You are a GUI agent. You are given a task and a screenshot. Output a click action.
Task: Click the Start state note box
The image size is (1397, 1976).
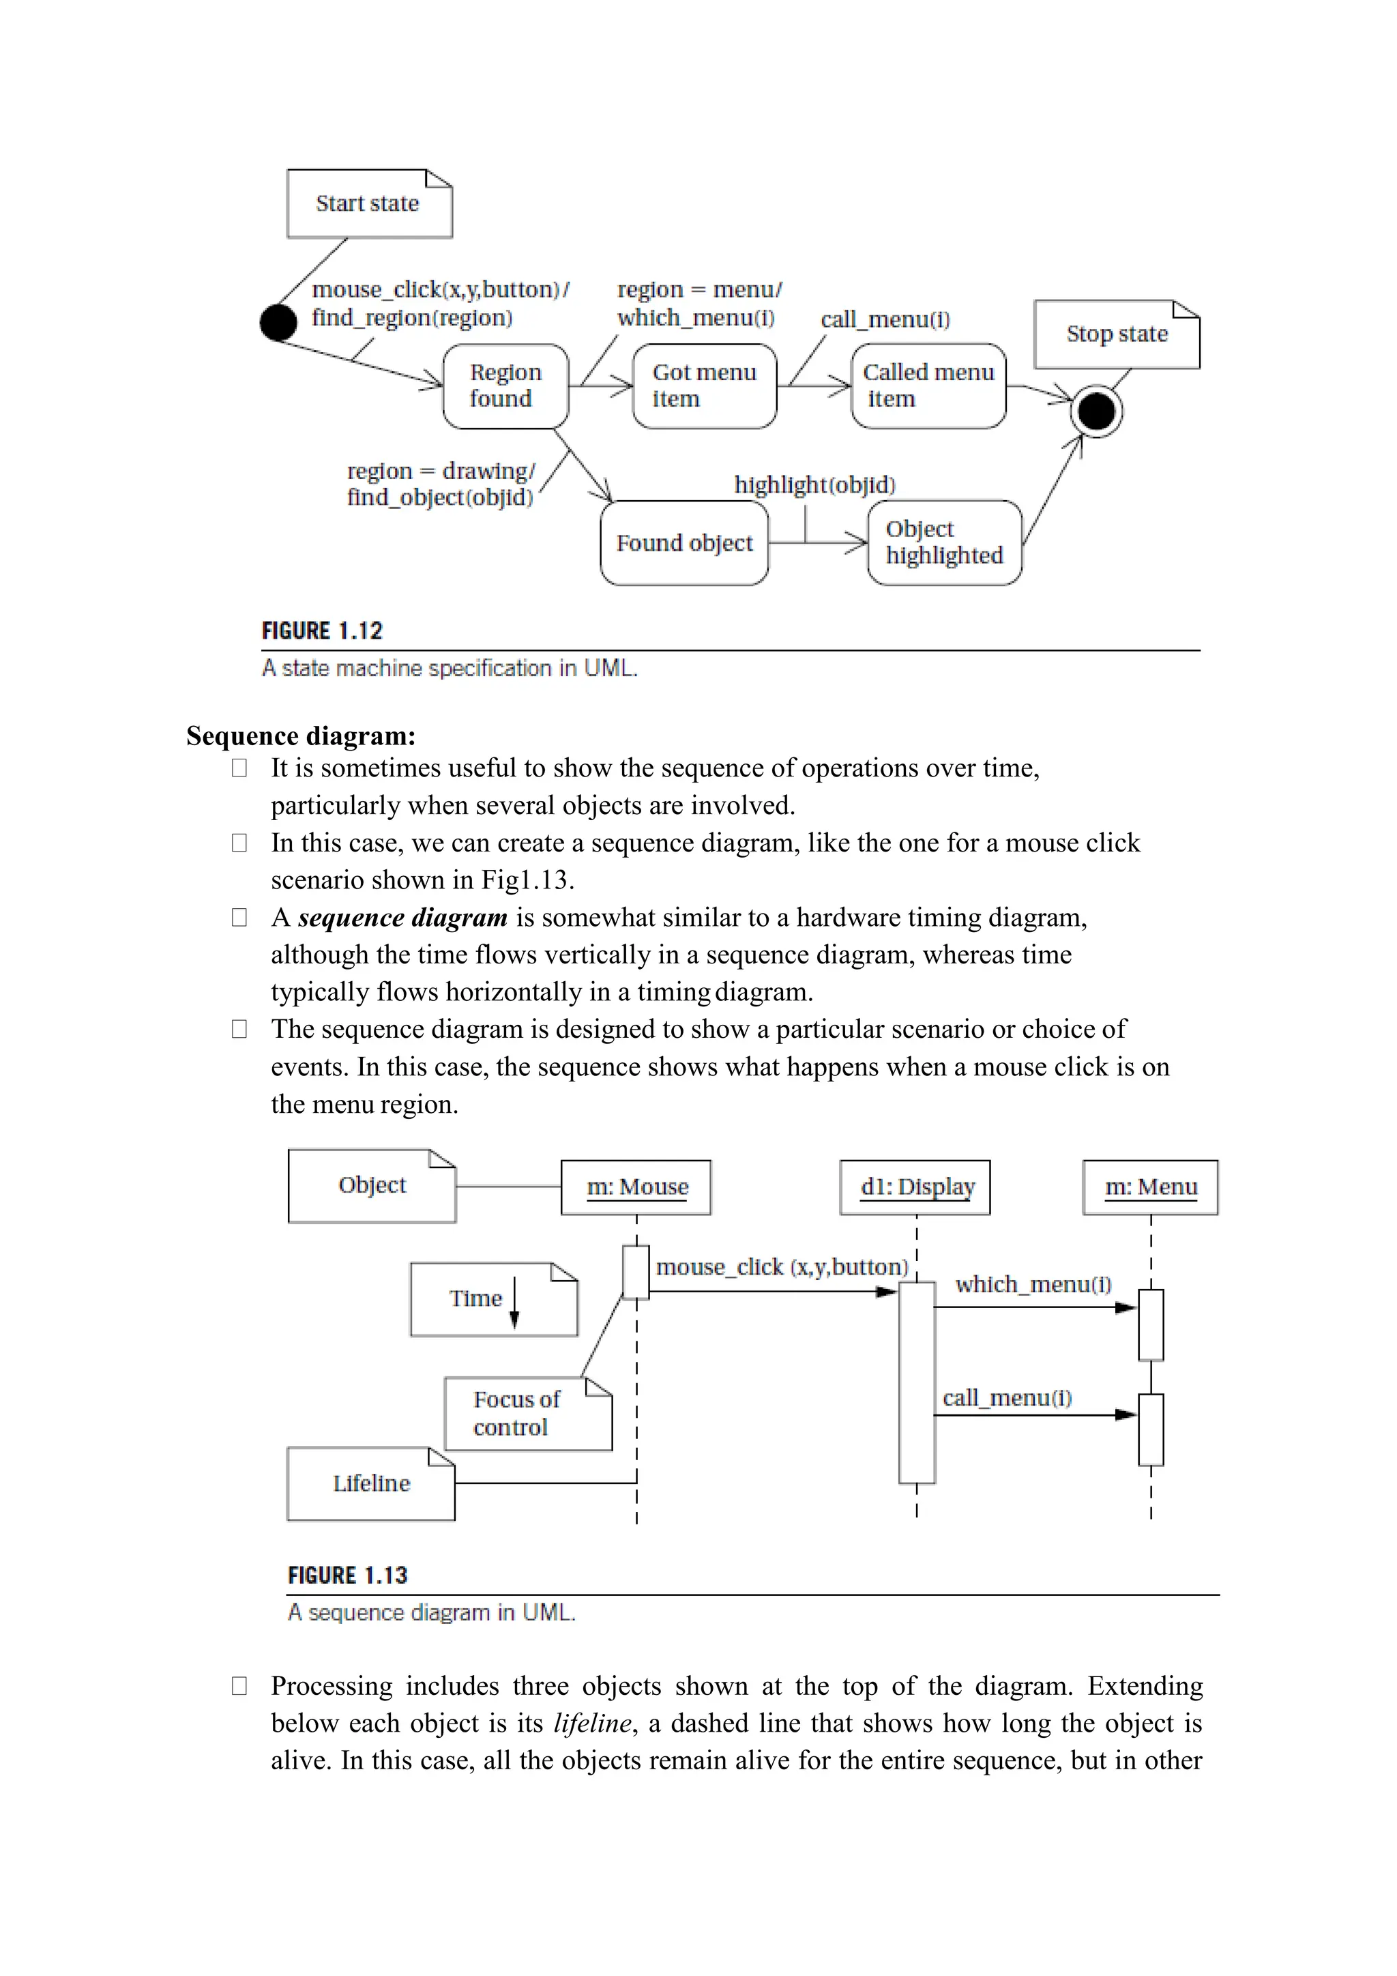369,204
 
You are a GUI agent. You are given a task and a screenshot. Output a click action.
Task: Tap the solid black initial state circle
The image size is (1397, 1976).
278,323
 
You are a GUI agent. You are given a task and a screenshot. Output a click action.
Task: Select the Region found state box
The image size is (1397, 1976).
506,386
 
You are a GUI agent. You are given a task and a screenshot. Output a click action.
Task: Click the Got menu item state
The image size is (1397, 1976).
704,386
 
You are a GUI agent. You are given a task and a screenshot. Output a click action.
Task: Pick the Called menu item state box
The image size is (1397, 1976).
928,386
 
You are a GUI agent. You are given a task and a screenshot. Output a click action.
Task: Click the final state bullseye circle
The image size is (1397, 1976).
1097,411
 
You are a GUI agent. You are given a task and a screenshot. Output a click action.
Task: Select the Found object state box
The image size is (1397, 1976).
684,543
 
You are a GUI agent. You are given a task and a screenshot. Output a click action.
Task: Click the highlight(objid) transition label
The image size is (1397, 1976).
814,484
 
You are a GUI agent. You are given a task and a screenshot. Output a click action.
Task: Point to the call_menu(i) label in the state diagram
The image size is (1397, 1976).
885,319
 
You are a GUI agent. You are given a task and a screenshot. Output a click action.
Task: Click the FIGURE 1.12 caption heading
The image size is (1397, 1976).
322,631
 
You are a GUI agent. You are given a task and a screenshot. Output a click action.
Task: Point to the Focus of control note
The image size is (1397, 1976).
527,1413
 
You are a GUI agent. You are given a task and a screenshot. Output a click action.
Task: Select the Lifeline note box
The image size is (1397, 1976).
371,1484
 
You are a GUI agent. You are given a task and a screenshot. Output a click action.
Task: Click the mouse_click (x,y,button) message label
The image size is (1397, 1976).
781,1267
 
